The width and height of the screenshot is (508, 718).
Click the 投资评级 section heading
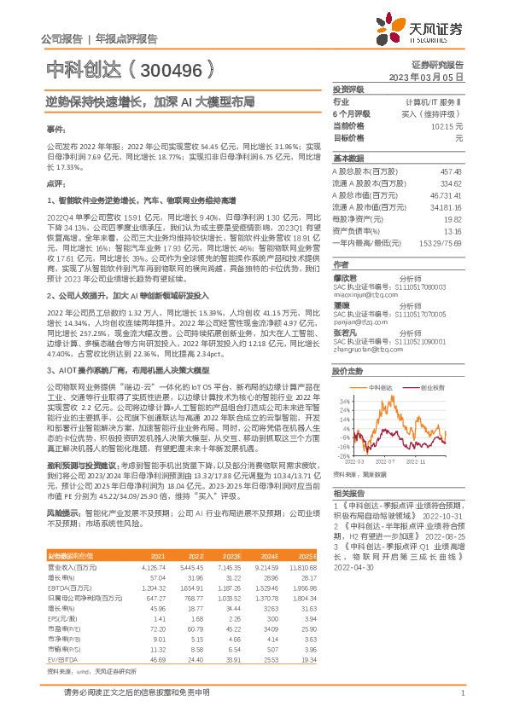[348, 89]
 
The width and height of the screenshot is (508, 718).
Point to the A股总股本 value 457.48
[450, 171]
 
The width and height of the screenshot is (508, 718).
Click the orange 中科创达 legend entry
[379, 386]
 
